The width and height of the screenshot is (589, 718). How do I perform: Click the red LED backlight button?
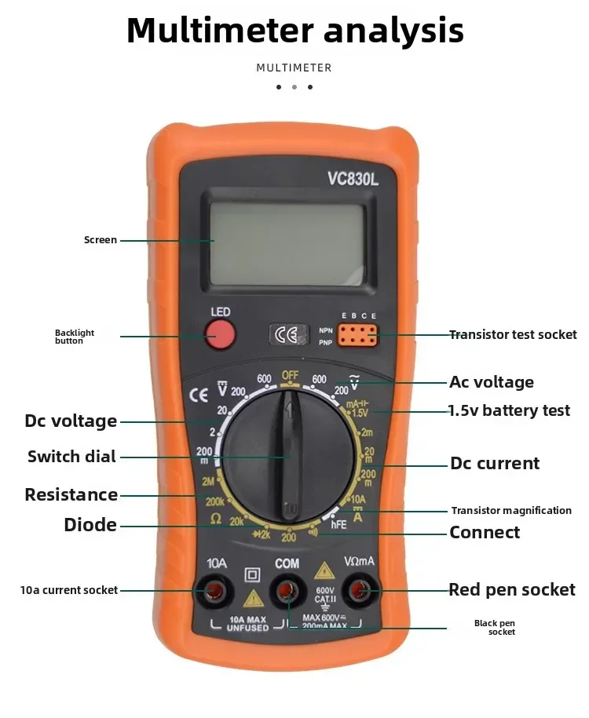point(221,337)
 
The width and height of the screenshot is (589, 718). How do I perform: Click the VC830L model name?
point(353,180)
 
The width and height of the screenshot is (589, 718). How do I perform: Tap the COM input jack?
point(287,590)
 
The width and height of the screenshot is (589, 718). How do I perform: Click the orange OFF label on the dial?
point(291,375)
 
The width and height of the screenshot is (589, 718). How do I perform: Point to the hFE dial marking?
point(338,523)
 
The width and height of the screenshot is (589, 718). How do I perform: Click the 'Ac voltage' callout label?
point(491,382)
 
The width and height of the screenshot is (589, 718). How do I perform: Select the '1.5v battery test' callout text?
point(509,410)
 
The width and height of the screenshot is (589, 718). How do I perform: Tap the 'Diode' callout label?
point(90,525)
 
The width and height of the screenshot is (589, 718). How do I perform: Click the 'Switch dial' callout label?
point(71,457)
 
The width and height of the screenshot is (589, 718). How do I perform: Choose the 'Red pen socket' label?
point(511,589)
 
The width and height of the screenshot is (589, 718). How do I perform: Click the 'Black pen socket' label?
point(495,628)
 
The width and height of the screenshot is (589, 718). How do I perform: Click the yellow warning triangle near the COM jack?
point(324,570)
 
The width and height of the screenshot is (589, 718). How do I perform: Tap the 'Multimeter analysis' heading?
point(294,31)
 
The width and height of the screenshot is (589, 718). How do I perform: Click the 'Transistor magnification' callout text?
point(511,511)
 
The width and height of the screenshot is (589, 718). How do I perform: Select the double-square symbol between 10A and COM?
point(252,573)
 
